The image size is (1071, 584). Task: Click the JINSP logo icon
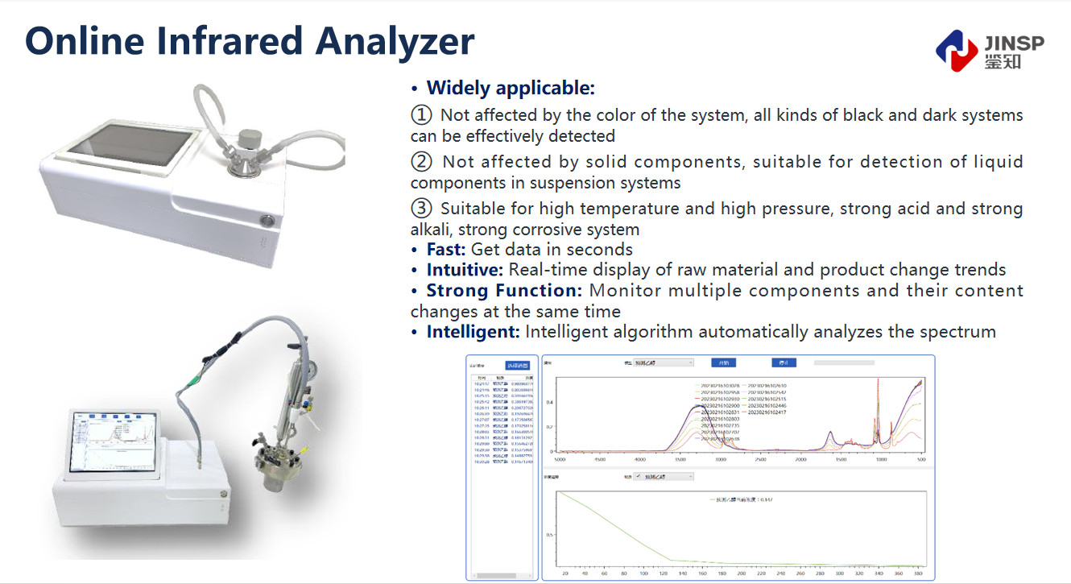point(957,50)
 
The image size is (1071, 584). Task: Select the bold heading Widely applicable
point(511,88)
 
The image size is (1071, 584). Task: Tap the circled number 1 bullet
point(421,115)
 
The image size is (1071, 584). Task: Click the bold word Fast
point(445,250)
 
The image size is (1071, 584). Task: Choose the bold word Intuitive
point(465,270)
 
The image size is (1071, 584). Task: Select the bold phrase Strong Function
point(505,291)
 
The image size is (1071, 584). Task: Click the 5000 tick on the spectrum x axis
point(560,459)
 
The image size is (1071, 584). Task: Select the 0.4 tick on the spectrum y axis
point(550,402)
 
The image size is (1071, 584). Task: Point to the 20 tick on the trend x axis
point(565,574)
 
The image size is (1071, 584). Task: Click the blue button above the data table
point(518,366)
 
